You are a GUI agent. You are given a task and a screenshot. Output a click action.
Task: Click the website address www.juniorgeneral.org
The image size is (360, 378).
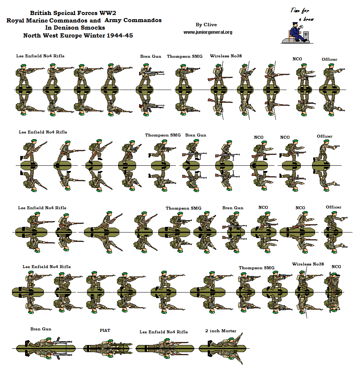click(208, 32)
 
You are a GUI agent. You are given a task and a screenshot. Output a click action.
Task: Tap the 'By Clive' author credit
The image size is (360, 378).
click(206, 25)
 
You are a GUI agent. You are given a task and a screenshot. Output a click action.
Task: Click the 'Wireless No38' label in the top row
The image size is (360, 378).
click(226, 56)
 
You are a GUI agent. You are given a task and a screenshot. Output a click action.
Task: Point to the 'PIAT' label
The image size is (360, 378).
click(105, 330)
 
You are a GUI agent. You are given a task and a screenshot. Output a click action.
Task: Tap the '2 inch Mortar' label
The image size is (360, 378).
click(221, 331)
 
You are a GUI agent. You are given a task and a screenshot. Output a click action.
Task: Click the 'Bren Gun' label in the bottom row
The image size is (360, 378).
click(41, 329)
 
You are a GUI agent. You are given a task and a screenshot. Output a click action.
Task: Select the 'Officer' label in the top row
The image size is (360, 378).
click(329, 59)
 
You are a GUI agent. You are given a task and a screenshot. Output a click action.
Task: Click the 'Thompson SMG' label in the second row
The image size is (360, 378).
click(163, 135)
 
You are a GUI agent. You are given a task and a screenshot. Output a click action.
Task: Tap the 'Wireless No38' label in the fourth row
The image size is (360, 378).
click(308, 264)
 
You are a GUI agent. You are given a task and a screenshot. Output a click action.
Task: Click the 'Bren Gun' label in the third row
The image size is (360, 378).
click(232, 208)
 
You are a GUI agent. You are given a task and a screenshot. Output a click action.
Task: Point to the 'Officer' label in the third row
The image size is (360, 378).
click(333, 207)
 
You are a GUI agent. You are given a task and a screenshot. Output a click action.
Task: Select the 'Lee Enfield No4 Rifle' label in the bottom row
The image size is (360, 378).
click(163, 332)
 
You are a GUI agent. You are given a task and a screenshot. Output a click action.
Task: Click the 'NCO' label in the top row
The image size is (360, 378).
click(297, 59)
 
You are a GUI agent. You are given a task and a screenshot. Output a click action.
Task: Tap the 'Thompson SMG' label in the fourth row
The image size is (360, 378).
click(256, 268)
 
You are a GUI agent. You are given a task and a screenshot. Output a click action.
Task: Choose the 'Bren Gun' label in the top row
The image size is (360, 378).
click(151, 56)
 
